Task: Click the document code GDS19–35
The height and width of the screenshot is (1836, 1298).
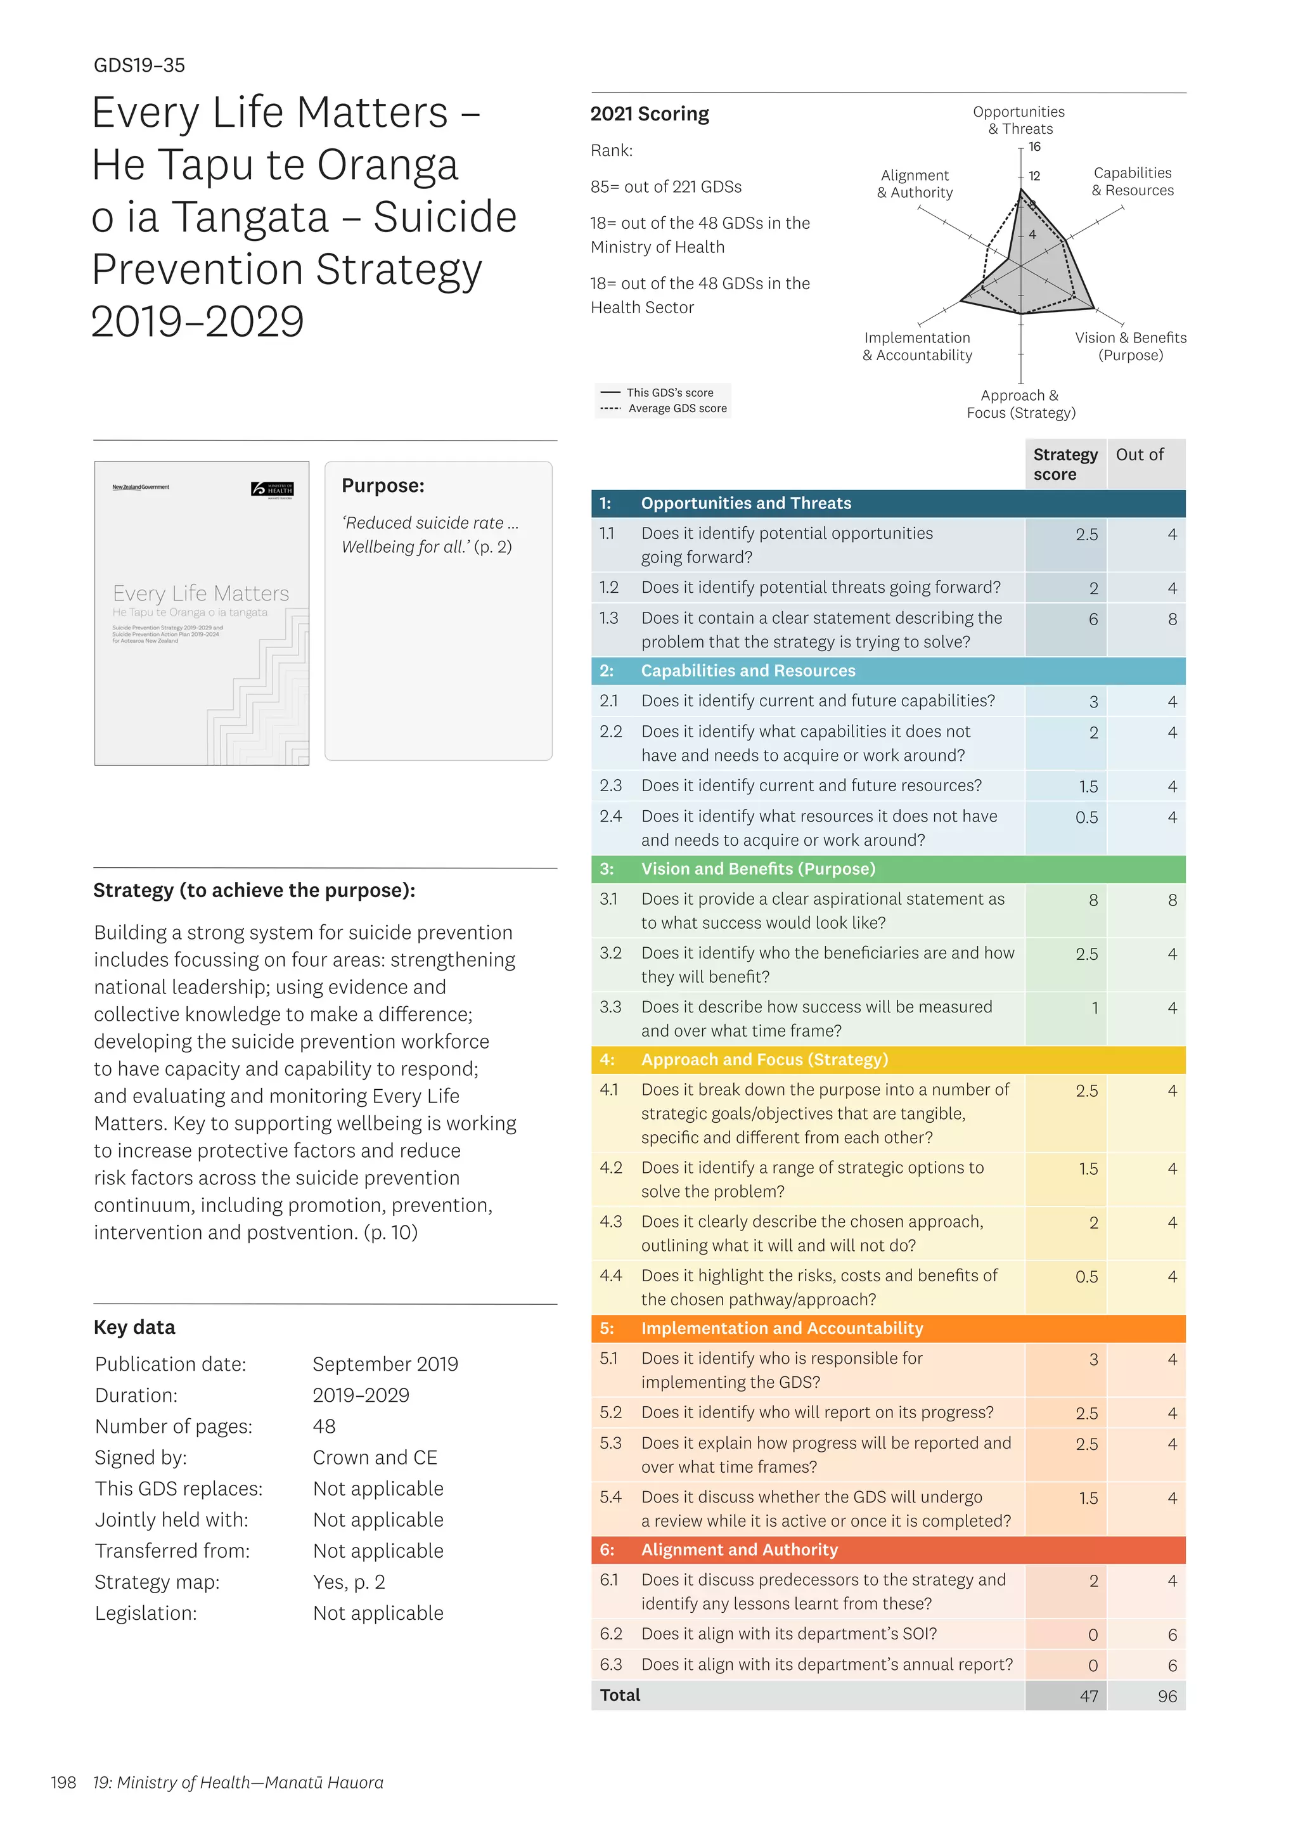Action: (x=139, y=65)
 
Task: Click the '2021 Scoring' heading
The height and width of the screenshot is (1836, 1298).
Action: (x=649, y=114)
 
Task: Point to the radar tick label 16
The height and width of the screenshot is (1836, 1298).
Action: (x=1034, y=147)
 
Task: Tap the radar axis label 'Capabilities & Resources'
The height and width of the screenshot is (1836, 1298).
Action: (x=1132, y=181)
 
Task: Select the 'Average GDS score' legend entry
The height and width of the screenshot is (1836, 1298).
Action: (x=676, y=409)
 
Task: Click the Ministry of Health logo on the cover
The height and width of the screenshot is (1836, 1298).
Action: (x=273, y=489)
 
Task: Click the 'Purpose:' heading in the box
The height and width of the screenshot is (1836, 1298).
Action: (x=382, y=486)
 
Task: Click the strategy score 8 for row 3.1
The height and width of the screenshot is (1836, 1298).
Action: (x=1093, y=900)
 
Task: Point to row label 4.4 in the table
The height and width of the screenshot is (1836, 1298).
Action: (x=610, y=1276)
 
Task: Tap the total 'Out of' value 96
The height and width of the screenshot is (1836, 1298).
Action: (x=1166, y=1697)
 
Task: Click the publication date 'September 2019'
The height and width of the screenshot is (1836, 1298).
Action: (x=385, y=1365)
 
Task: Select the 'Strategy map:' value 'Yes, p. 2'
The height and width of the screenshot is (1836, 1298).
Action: (x=349, y=1582)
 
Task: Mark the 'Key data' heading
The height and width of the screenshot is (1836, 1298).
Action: (x=134, y=1328)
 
